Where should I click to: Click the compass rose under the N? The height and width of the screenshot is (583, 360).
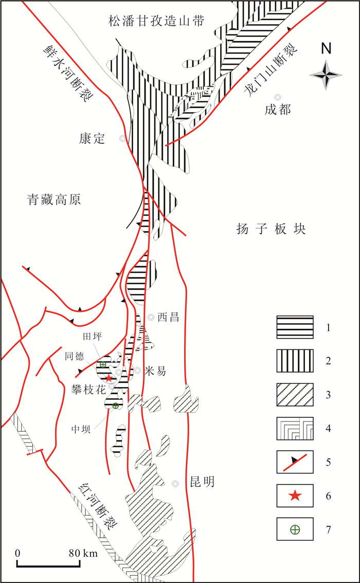tap(326, 75)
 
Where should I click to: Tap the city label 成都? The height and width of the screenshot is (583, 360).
tap(278, 110)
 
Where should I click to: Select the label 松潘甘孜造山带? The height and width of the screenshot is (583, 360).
tap(156, 21)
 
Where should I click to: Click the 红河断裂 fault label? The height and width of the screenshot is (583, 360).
tap(95, 508)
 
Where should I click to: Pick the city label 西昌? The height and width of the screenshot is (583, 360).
tap(168, 317)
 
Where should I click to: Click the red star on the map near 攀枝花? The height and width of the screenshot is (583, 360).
tap(109, 378)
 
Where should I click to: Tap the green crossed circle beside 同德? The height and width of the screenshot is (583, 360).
tap(103, 365)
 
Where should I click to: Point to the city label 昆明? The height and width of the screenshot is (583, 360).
tap(201, 482)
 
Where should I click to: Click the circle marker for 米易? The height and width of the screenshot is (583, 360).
tap(138, 370)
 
